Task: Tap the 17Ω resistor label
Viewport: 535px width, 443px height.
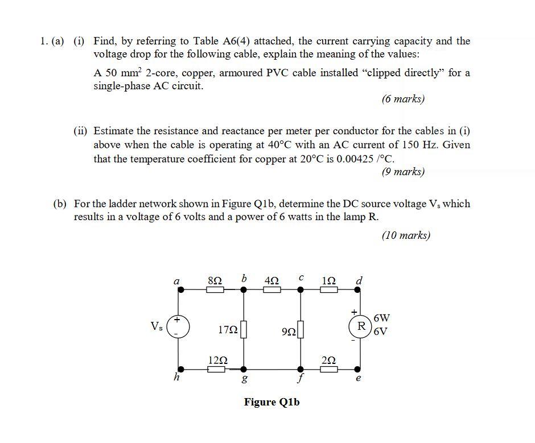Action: [x=227, y=329]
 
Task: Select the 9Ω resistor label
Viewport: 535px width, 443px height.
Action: [x=289, y=330]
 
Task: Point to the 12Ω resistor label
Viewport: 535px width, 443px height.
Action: [x=218, y=360]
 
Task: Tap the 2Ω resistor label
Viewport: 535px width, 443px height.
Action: [x=329, y=360]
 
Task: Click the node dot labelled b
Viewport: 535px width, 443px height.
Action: [x=244, y=289]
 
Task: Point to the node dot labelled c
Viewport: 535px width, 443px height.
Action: [x=301, y=289]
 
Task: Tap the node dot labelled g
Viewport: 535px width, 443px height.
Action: [x=244, y=369]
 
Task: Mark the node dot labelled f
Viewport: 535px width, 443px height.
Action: [x=301, y=369]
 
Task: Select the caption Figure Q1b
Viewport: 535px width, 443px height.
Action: [x=271, y=402]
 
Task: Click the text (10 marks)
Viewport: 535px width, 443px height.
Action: [x=406, y=235]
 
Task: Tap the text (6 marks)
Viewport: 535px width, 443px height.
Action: [x=403, y=99]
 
